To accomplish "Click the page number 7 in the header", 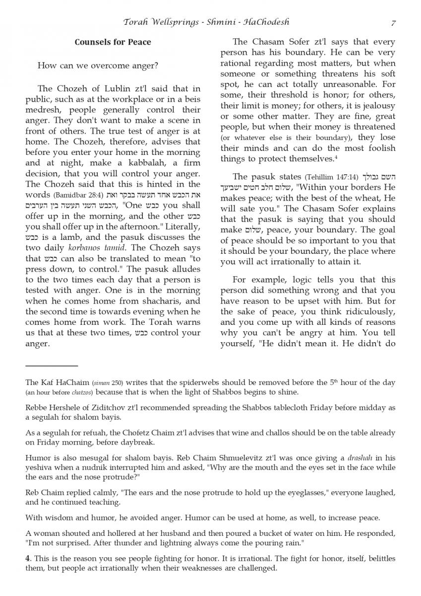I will point(393,23).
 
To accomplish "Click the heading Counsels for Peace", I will point(113,42).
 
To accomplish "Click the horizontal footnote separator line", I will point(52,366).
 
